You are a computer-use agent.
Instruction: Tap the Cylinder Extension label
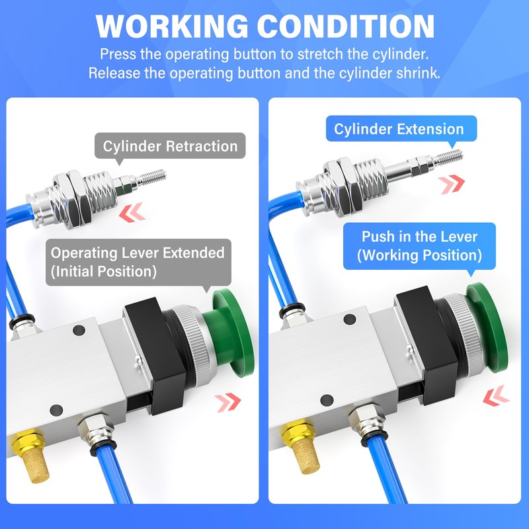click(x=399, y=129)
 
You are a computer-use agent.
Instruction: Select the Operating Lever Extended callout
click(x=138, y=261)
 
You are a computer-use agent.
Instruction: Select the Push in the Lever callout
click(x=419, y=245)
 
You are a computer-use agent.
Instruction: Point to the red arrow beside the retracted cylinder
click(x=131, y=212)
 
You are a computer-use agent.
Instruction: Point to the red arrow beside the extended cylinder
click(x=452, y=183)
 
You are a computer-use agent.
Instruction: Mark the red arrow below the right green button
click(x=496, y=396)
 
